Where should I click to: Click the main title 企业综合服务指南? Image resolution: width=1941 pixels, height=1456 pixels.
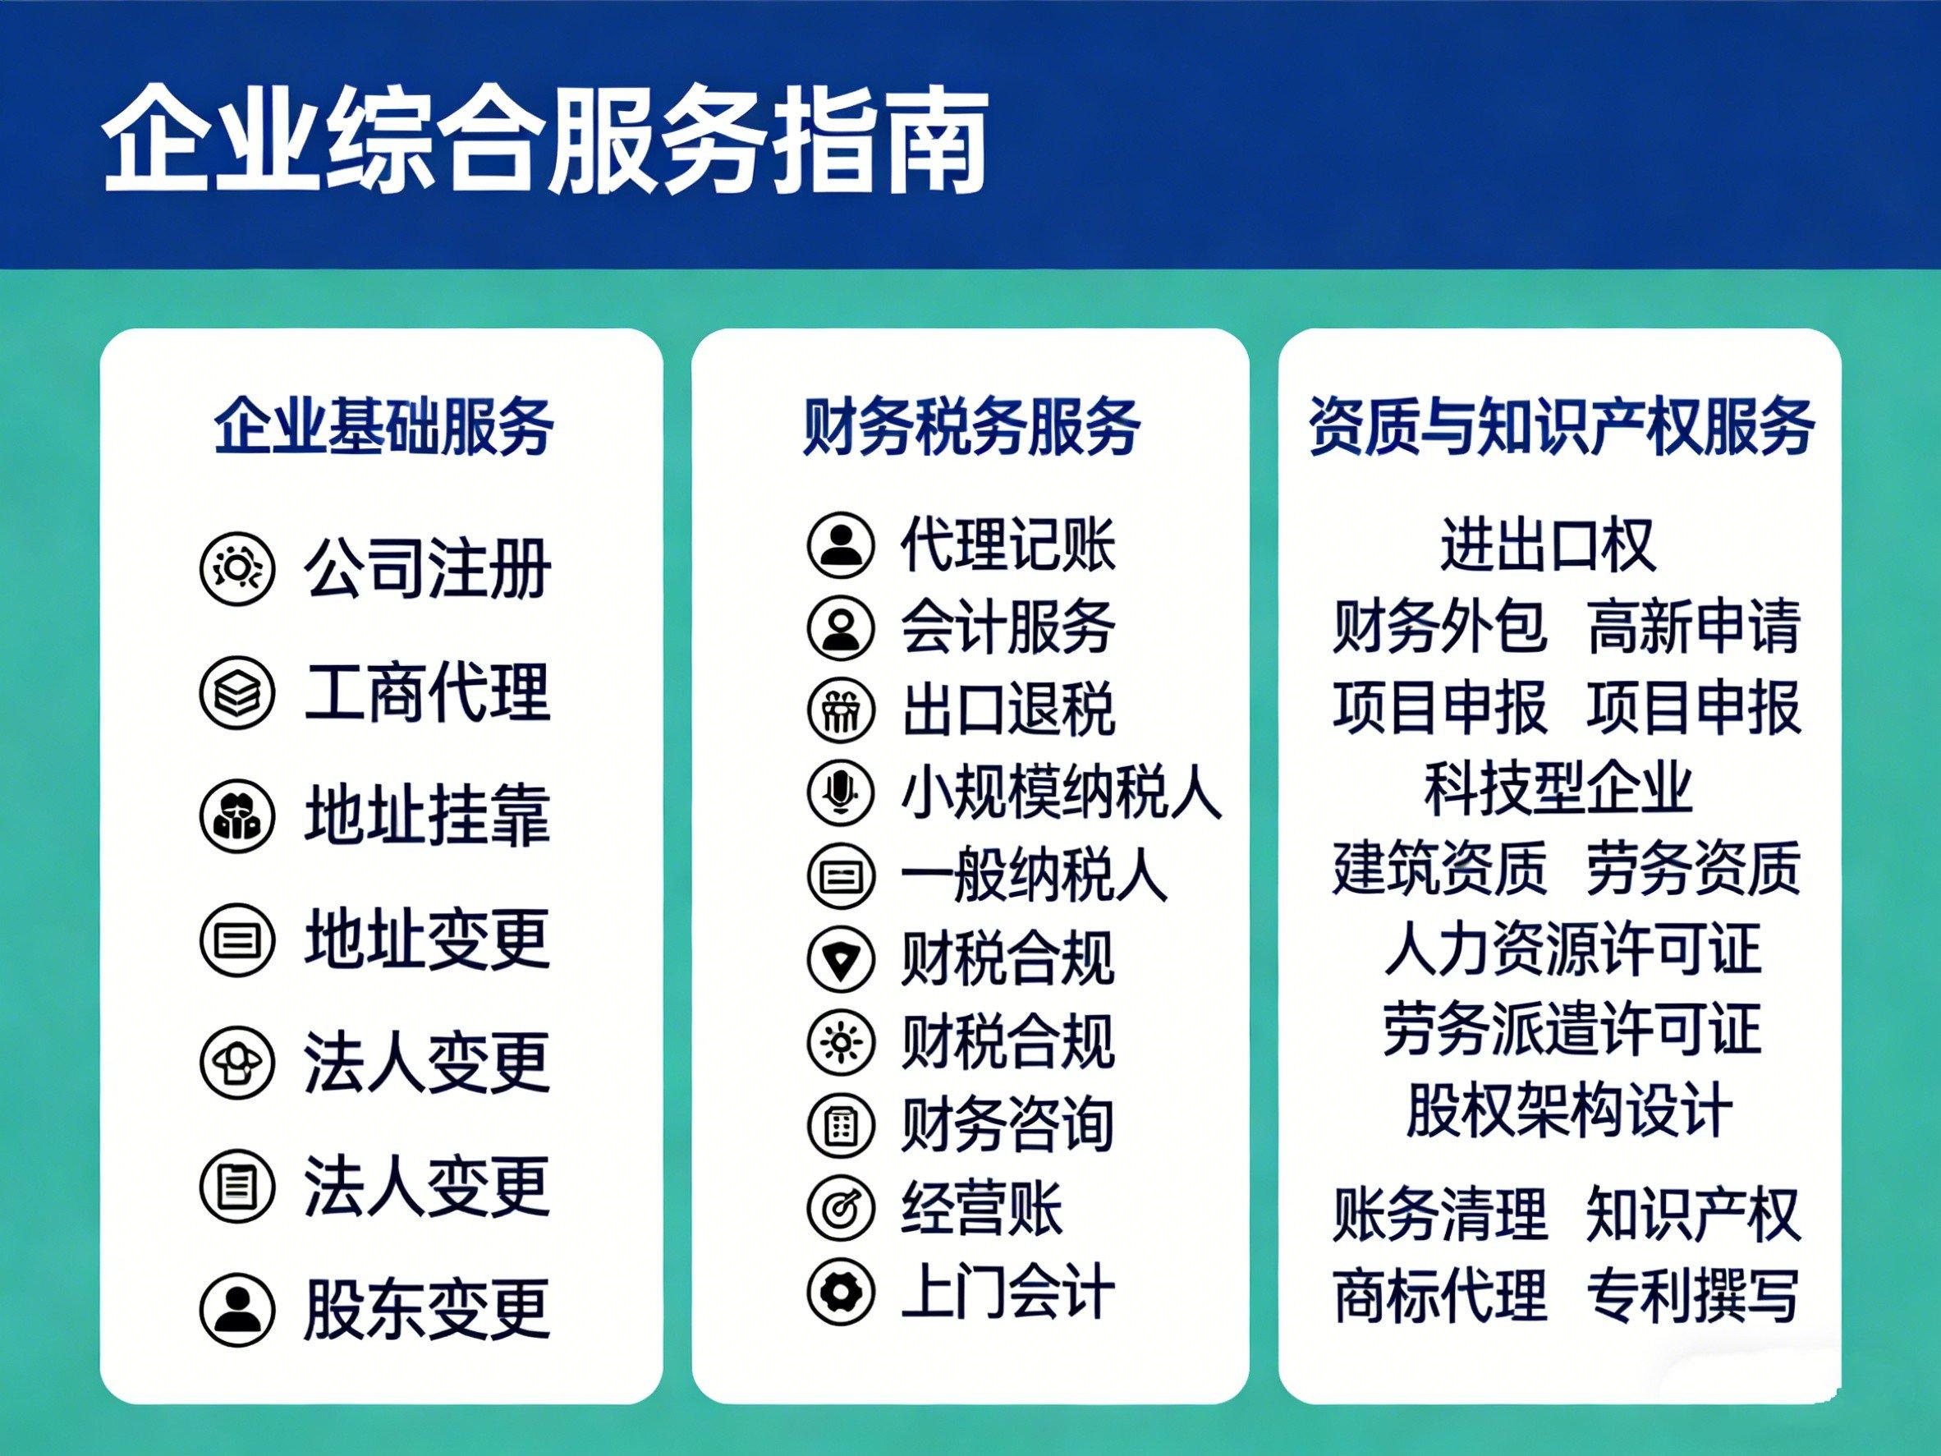click(x=546, y=139)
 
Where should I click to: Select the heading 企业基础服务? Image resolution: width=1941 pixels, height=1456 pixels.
click(x=383, y=426)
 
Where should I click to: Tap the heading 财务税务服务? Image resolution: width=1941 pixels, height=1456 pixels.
click(x=971, y=426)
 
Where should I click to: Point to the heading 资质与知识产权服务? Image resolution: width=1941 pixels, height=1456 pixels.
click(x=1562, y=426)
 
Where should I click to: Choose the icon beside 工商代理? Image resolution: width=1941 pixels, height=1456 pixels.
click(x=238, y=693)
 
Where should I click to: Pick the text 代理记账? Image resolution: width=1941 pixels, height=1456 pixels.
click(x=1007, y=544)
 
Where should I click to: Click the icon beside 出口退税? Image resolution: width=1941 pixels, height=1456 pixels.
click(x=841, y=710)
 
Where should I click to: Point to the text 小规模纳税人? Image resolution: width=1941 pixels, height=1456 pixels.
click(x=1061, y=792)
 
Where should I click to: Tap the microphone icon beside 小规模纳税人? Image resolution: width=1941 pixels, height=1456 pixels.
click(x=841, y=792)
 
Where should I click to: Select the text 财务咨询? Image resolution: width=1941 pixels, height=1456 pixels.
click(x=1007, y=1124)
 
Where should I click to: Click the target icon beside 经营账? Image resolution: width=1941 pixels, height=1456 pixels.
click(x=841, y=1208)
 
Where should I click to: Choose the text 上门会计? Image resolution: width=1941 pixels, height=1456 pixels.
click(x=1007, y=1291)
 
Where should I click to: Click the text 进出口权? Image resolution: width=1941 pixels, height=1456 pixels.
click(x=1549, y=545)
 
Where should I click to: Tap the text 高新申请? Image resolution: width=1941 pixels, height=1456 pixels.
click(x=1694, y=627)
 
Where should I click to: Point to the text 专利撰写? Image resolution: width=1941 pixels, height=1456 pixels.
click(x=1694, y=1294)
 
